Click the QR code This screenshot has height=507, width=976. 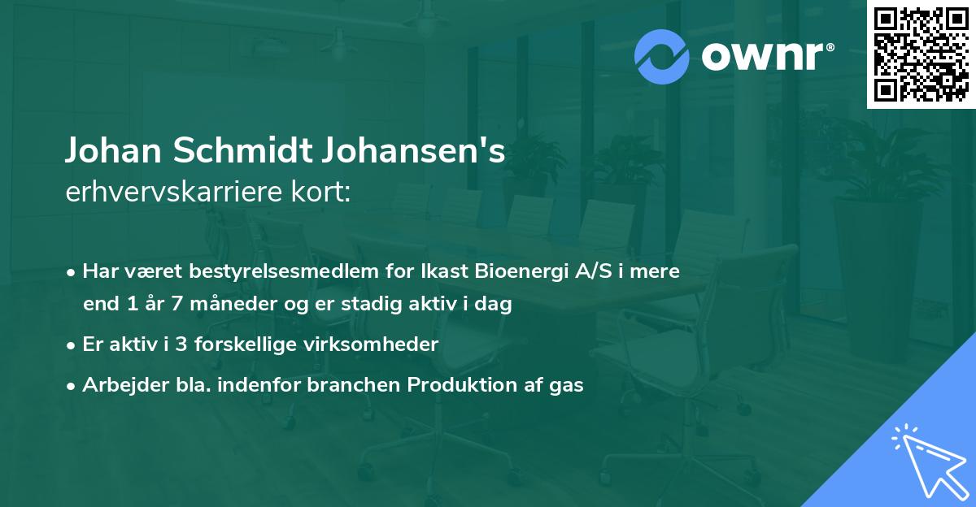pos(921,54)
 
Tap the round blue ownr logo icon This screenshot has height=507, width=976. pos(662,56)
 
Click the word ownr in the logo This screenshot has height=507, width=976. pos(761,56)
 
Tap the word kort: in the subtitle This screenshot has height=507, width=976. pos(323,193)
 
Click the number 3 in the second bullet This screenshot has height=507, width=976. pos(182,344)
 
